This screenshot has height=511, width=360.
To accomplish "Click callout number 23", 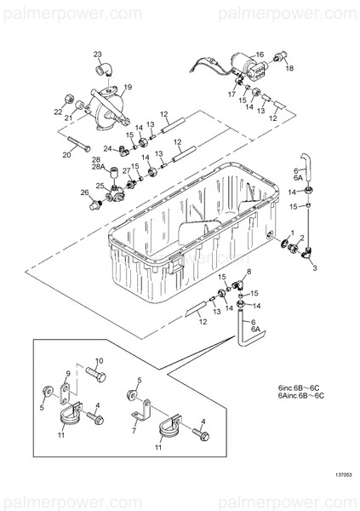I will coord(98,54).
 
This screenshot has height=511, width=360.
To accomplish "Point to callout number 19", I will coord(128,87).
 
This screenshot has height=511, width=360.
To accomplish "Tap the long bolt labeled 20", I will coord(76,142).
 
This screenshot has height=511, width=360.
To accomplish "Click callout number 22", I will coord(58,112).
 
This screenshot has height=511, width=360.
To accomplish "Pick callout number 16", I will coord(260,55).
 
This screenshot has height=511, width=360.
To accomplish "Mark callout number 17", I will coord(231,95).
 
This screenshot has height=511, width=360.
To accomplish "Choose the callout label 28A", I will coord(97,168).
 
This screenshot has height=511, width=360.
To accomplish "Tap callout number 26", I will coord(84,193).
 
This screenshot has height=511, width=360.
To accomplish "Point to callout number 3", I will coord(313,268).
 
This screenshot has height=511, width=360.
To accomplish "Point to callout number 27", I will coord(126,170).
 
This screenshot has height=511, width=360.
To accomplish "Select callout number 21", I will coord(67,118).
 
